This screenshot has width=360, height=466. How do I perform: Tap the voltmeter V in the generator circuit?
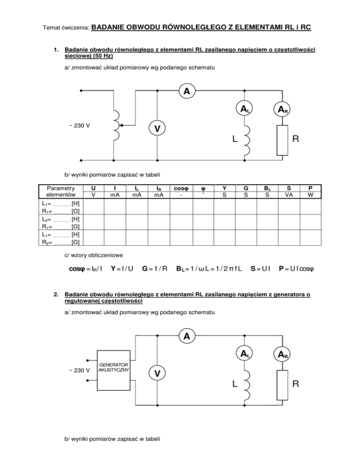coord(158,374)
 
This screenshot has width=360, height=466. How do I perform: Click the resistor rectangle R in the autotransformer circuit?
coord(282,140)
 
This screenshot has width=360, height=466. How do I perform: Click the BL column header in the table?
coord(267,188)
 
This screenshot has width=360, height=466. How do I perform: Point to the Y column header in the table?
coord(225,188)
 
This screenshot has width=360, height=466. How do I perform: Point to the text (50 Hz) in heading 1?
coord(100,55)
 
